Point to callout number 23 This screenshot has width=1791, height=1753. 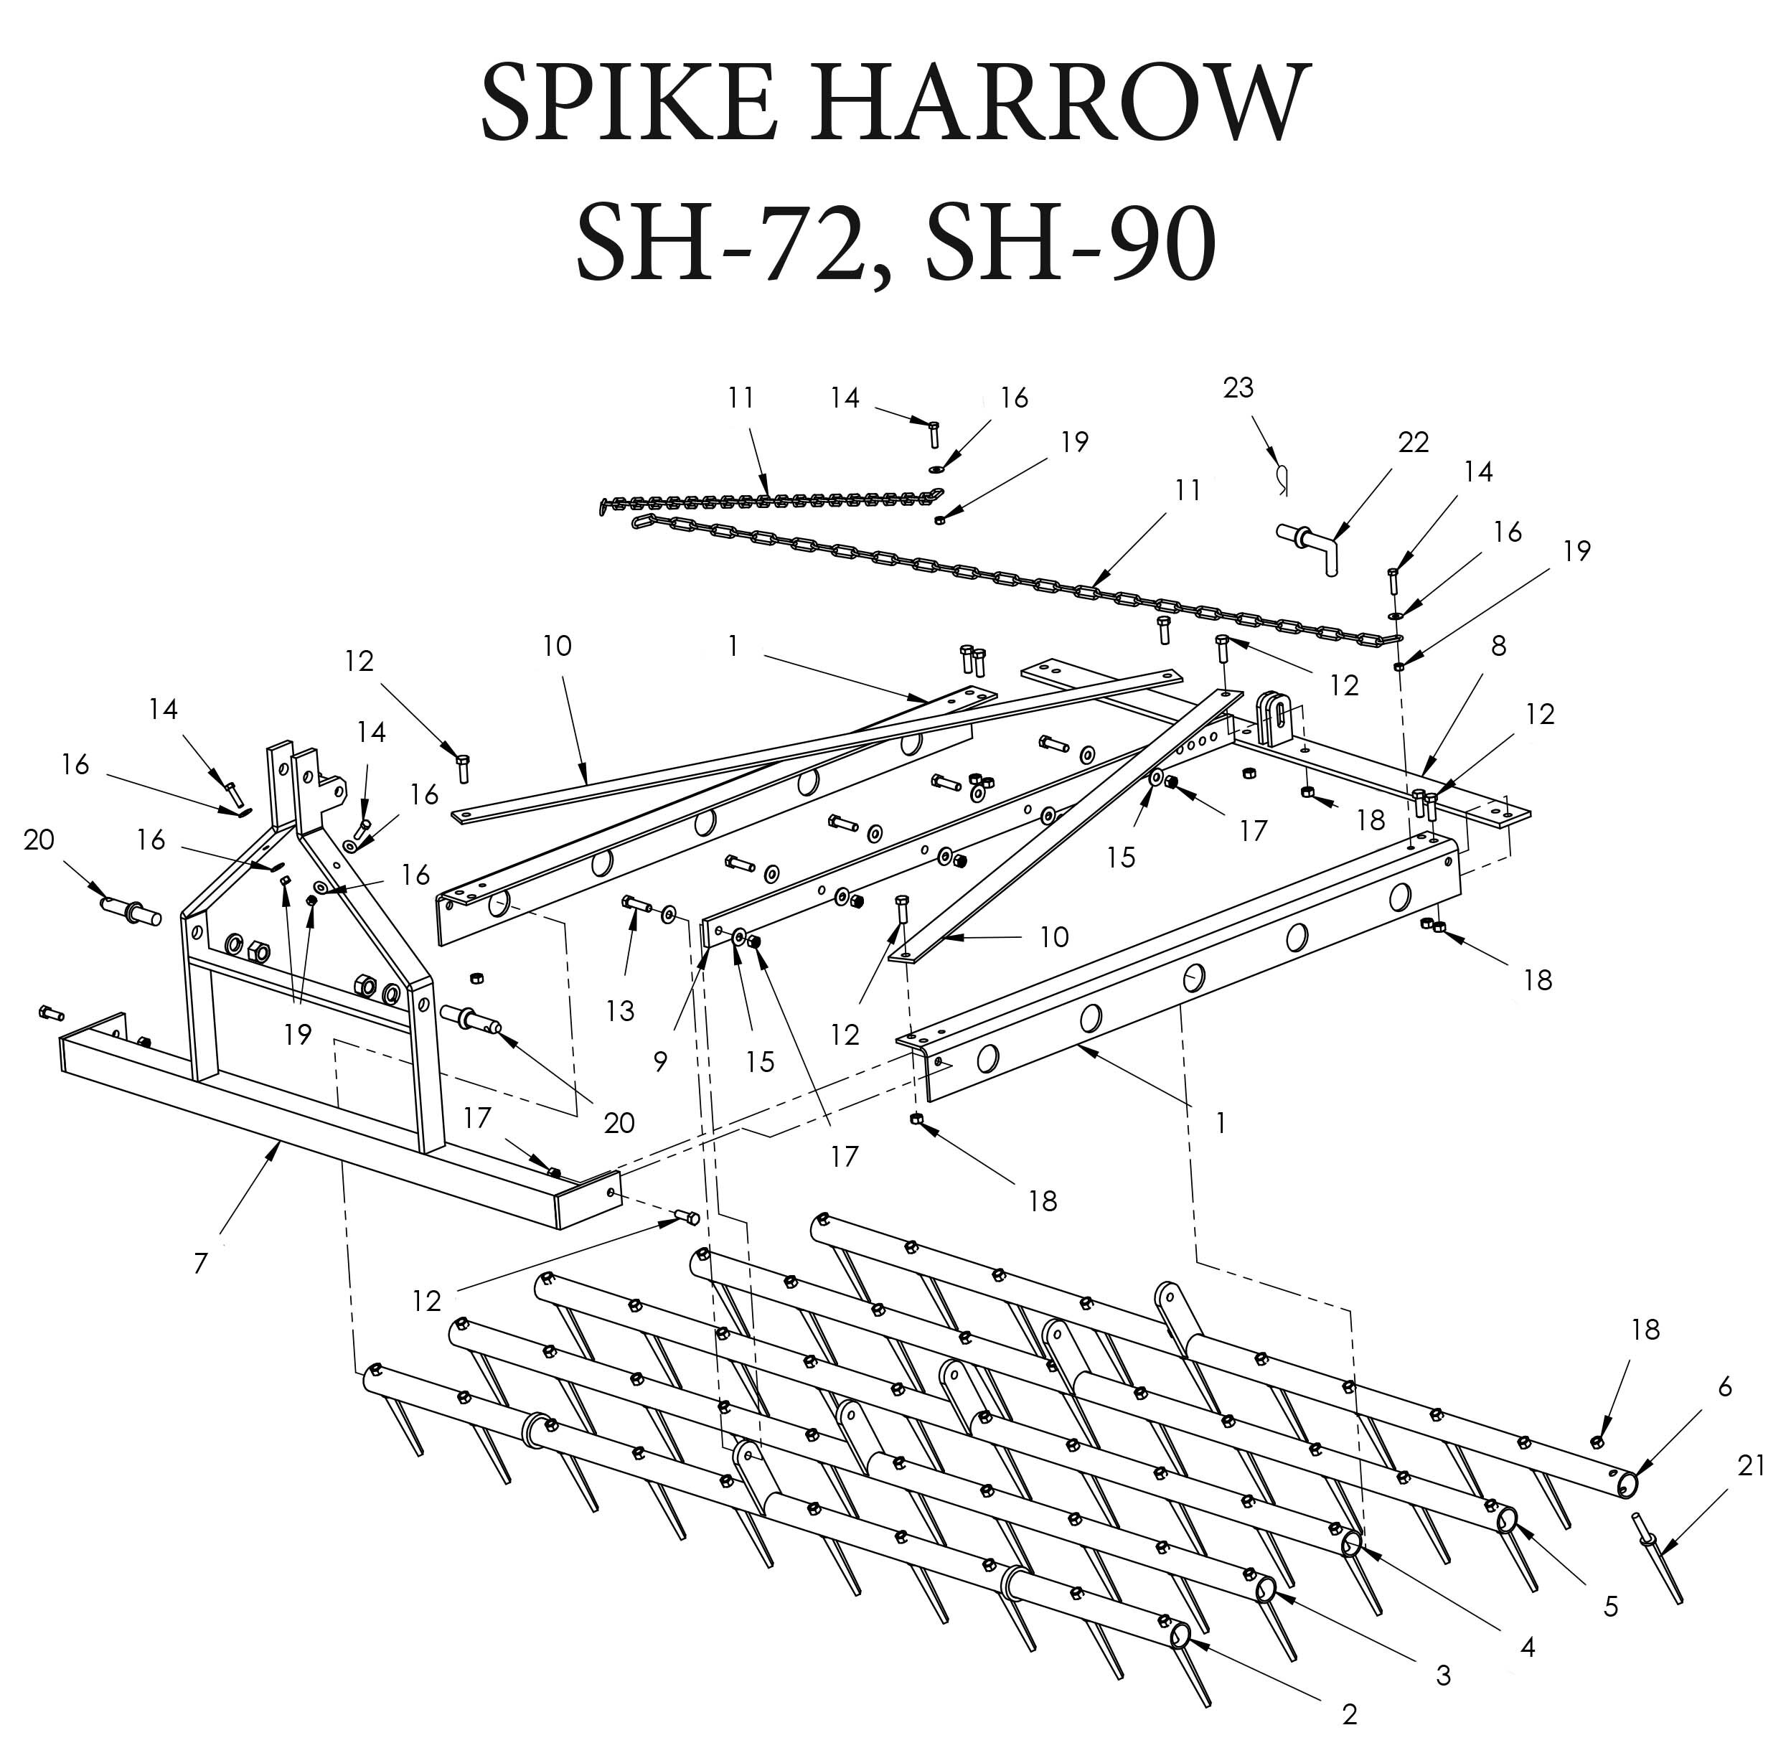point(1238,387)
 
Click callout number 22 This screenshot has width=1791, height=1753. point(1414,443)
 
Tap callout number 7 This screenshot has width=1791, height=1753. point(201,1263)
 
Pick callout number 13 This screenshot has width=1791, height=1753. point(621,1011)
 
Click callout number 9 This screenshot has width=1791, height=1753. point(660,1061)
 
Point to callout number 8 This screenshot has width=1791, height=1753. point(1498,647)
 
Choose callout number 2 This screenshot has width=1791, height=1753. point(1349,1714)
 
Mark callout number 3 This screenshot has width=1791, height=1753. point(1443,1676)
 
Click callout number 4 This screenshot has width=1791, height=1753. point(1528,1647)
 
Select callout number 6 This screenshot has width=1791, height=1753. point(1725,1388)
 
